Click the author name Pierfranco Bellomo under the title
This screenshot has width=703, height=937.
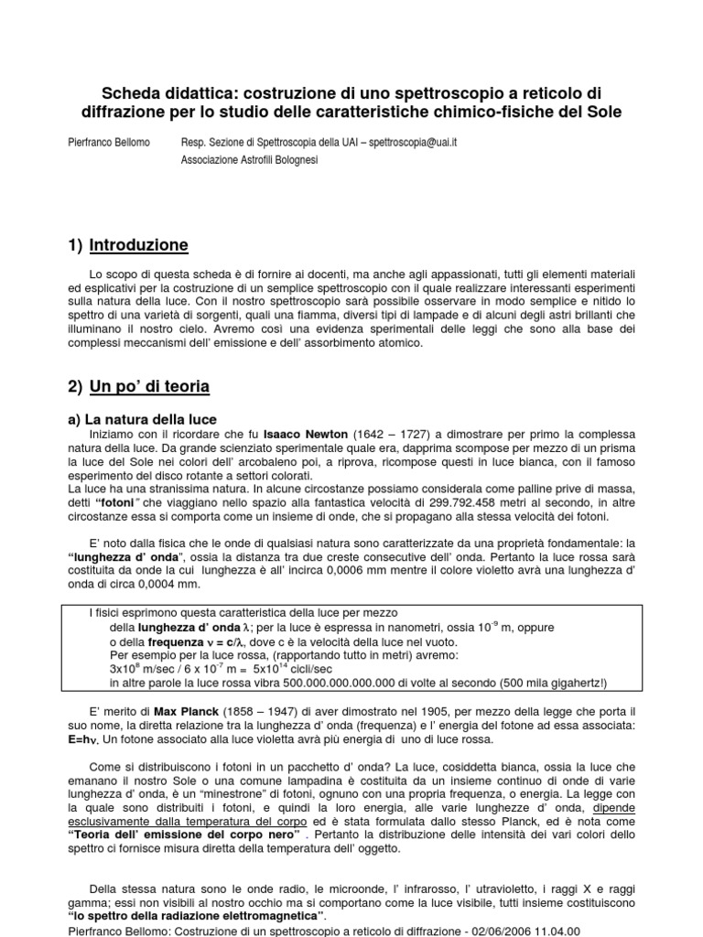coord(107,144)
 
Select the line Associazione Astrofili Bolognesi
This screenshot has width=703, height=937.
coord(250,160)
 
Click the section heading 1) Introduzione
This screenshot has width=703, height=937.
coord(128,245)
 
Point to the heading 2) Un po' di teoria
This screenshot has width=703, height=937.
coord(138,387)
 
